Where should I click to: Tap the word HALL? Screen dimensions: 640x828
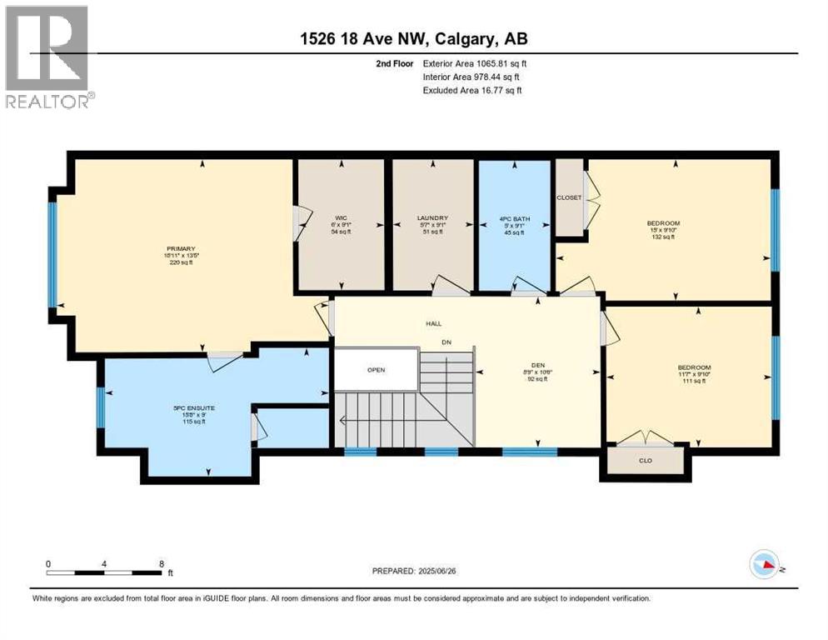click(x=433, y=324)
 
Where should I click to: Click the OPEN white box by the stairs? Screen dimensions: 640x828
click(x=377, y=370)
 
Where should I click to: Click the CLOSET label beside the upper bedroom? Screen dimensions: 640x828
click(x=569, y=197)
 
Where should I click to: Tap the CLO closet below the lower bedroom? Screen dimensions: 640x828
click(x=645, y=459)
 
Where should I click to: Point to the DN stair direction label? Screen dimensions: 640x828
click(x=446, y=342)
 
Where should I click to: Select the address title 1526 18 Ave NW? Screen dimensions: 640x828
click(x=413, y=38)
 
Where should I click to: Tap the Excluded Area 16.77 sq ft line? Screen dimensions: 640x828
click(x=471, y=90)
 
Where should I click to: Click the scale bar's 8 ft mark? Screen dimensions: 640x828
click(x=161, y=564)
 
